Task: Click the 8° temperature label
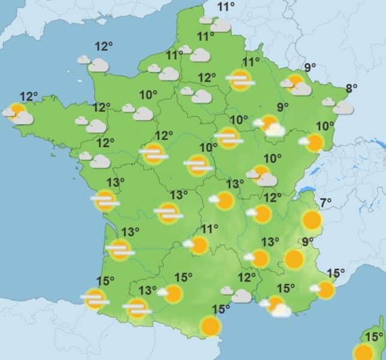coord(351,88)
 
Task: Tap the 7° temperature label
coord(326,202)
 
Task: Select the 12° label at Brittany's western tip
coord(29,96)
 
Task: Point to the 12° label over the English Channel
coord(104,46)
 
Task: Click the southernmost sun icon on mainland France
coord(210,326)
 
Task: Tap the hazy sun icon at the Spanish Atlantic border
coord(95,298)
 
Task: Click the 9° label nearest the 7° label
coord(308,242)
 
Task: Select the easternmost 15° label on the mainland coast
coord(336,274)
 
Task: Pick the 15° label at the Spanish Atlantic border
coord(105,280)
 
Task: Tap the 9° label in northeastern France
coord(310,68)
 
